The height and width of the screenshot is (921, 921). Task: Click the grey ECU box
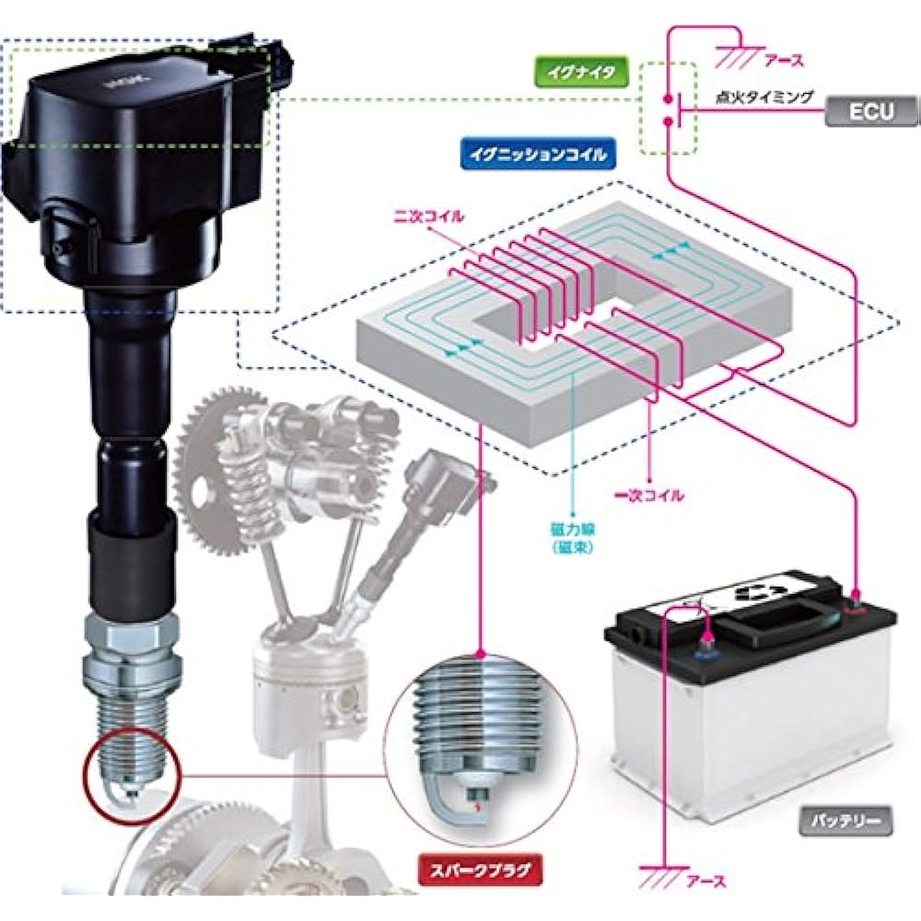(872, 111)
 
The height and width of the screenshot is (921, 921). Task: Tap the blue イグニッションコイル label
(538, 154)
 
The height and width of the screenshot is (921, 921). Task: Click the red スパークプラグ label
(480, 870)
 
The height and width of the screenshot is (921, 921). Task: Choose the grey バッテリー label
(845, 820)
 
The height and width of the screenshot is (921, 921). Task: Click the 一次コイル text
(649, 495)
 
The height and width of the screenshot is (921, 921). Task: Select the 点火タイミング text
(764, 97)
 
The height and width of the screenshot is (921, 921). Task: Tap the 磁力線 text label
(573, 530)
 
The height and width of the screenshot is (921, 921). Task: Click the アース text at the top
(783, 60)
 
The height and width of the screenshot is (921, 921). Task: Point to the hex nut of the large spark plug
(131, 632)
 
